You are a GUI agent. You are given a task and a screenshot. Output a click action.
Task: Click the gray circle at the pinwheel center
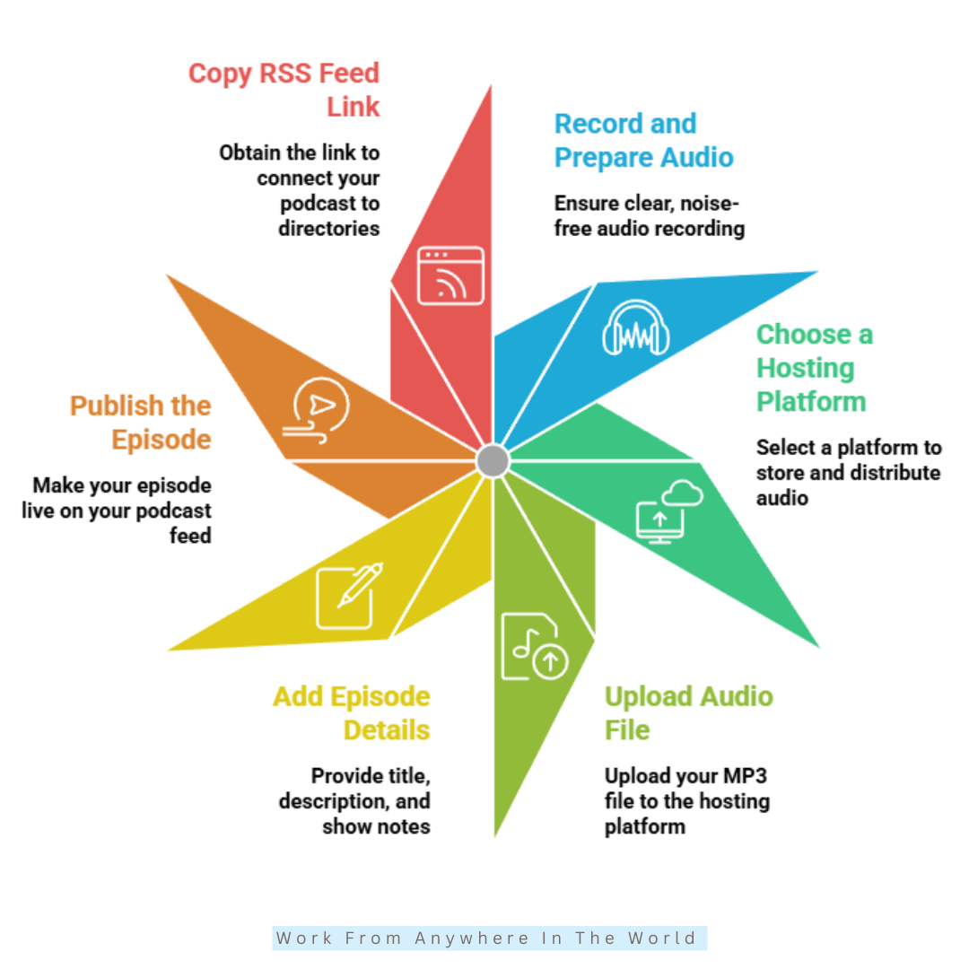click(x=493, y=461)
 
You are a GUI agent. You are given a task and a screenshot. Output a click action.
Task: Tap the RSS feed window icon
click(x=450, y=275)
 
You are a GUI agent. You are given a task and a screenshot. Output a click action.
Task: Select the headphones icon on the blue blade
click(x=636, y=328)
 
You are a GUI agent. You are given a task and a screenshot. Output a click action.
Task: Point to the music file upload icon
click(x=535, y=646)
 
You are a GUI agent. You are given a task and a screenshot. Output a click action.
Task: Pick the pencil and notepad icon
click(x=349, y=596)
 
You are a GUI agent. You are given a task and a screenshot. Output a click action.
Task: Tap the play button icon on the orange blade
click(x=316, y=410)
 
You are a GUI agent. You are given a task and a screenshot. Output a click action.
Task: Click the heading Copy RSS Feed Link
click(x=284, y=91)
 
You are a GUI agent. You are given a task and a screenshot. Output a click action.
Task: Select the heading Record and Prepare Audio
click(x=644, y=141)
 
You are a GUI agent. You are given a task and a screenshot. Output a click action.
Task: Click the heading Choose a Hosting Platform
click(x=815, y=368)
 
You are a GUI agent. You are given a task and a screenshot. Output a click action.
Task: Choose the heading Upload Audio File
click(x=689, y=713)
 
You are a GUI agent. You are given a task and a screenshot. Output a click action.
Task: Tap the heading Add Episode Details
click(x=352, y=713)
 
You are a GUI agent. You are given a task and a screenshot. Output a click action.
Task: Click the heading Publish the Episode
click(x=140, y=423)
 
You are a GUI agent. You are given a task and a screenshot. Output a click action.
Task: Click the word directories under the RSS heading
click(x=328, y=229)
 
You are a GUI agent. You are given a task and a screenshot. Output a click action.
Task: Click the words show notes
click(x=376, y=826)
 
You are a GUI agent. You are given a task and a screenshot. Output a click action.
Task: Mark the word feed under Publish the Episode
click(x=190, y=535)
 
